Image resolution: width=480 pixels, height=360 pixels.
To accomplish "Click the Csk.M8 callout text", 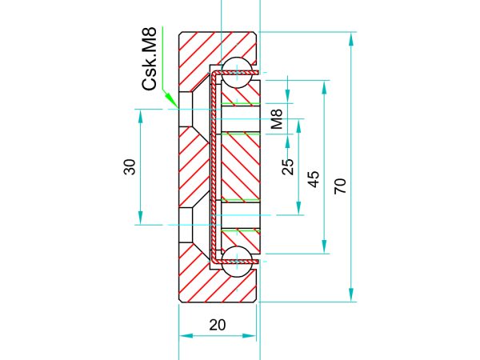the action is [150, 58].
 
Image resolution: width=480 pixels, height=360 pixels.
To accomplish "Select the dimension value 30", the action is [130, 167].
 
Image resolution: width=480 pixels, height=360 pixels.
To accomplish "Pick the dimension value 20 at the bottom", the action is [218, 325].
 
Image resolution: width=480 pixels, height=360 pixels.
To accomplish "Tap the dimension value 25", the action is [287, 167].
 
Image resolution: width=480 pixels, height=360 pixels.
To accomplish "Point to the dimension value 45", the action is [313, 179].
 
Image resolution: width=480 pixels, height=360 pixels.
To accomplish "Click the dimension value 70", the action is [340, 186].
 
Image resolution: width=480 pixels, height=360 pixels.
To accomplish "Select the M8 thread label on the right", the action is [277, 119].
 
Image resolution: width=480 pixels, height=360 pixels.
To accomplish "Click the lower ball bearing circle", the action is [236, 262].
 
